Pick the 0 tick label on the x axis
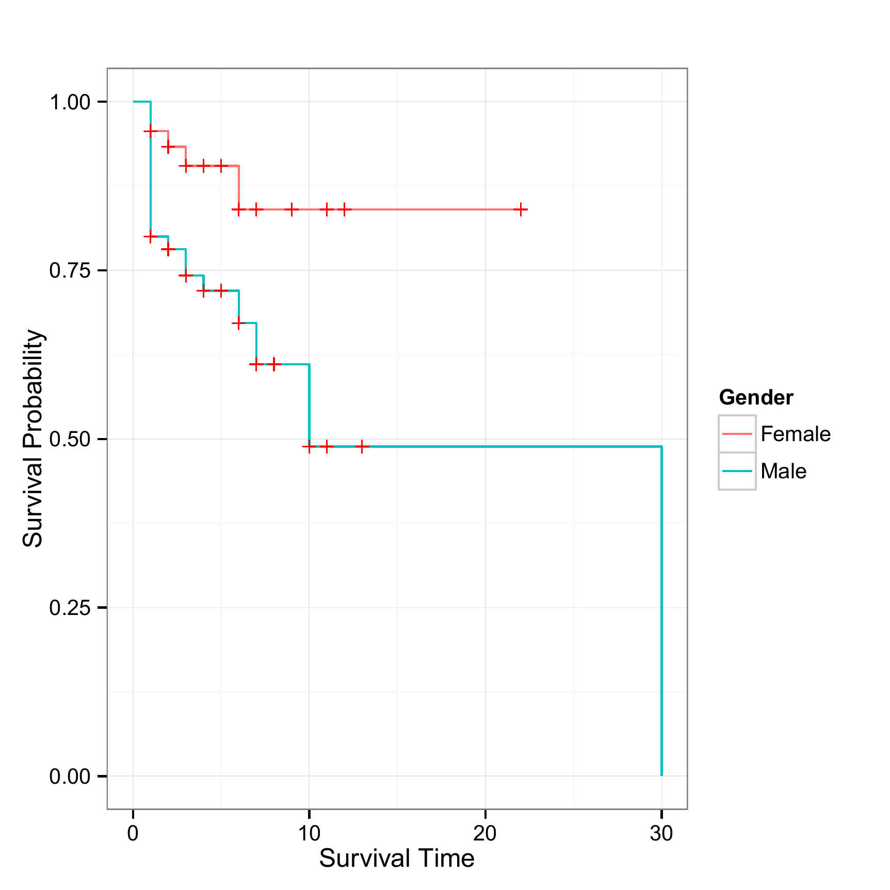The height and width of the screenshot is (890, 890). click(133, 833)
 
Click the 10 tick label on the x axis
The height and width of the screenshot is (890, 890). click(309, 833)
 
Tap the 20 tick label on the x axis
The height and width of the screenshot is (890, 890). click(485, 833)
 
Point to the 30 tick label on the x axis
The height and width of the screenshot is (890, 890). click(661, 833)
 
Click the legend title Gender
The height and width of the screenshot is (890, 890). click(756, 397)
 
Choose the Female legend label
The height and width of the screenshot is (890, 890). click(795, 434)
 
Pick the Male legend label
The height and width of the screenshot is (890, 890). click(783, 471)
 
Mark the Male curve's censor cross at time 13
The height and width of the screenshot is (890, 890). click(362, 446)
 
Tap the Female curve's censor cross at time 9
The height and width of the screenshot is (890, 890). click(292, 209)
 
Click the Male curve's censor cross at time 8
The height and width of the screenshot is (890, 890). click(274, 364)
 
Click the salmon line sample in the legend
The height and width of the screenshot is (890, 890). click(737, 434)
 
